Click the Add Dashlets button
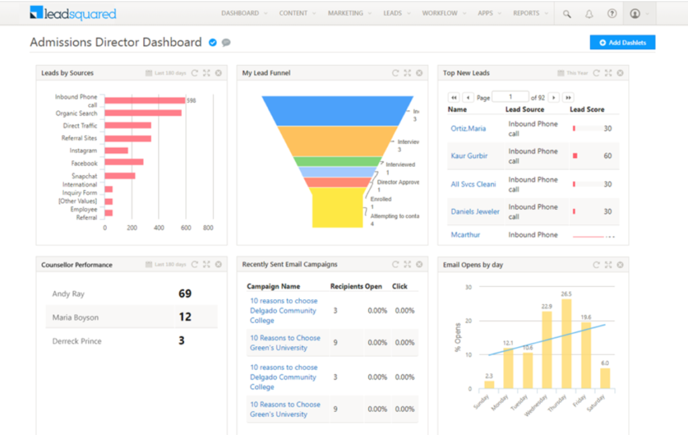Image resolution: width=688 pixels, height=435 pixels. [x=622, y=42]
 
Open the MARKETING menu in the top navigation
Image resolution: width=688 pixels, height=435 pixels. [x=345, y=13]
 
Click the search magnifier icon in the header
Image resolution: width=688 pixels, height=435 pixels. [x=567, y=13]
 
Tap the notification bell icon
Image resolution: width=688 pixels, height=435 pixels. [x=589, y=13]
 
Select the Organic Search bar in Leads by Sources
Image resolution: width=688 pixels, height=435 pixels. [x=143, y=113]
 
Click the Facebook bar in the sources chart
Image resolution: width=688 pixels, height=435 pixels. [x=124, y=162]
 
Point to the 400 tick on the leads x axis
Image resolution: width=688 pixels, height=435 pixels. [x=159, y=228]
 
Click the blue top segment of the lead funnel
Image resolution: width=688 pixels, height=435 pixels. [x=337, y=110]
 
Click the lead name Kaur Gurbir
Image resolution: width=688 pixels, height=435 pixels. [x=469, y=156]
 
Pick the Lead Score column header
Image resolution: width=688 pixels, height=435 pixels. [x=587, y=110]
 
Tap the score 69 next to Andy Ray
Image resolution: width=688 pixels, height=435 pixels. [x=185, y=294]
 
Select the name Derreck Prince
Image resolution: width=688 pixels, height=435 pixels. [x=77, y=341]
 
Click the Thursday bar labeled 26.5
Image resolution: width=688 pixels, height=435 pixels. [x=566, y=344]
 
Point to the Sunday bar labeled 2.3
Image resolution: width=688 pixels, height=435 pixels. [x=489, y=385]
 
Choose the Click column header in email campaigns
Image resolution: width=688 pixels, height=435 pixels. [x=400, y=286]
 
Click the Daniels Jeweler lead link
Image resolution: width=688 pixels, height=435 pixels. [x=475, y=212]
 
